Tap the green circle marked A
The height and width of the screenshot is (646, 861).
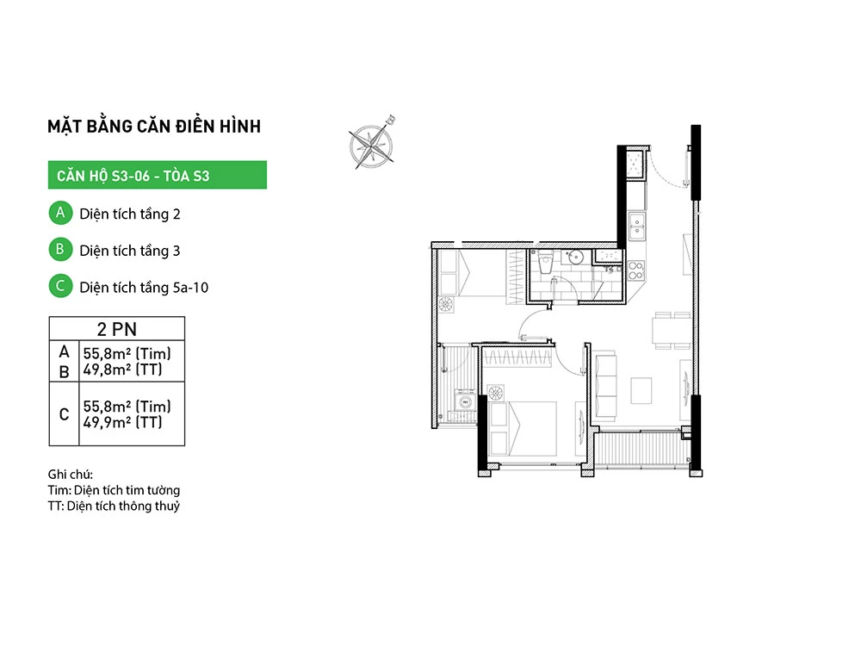point(60,213)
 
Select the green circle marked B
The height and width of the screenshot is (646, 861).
point(60,250)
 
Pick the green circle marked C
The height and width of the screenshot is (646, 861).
point(60,286)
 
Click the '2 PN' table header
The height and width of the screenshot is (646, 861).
point(117,329)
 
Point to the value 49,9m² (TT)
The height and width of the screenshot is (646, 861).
point(123,422)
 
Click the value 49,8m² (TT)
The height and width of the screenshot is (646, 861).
point(123,370)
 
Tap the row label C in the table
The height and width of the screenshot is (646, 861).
point(65,414)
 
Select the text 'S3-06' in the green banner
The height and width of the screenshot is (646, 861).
point(131,176)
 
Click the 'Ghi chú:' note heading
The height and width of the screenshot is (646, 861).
point(71,474)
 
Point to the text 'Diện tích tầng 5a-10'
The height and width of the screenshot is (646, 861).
point(144,288)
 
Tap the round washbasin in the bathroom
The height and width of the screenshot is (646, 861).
point(575,257)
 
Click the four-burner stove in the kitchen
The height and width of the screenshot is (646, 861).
point(636,270)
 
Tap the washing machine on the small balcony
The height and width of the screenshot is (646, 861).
point(465,402)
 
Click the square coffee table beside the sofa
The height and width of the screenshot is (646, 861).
point(641,390)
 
